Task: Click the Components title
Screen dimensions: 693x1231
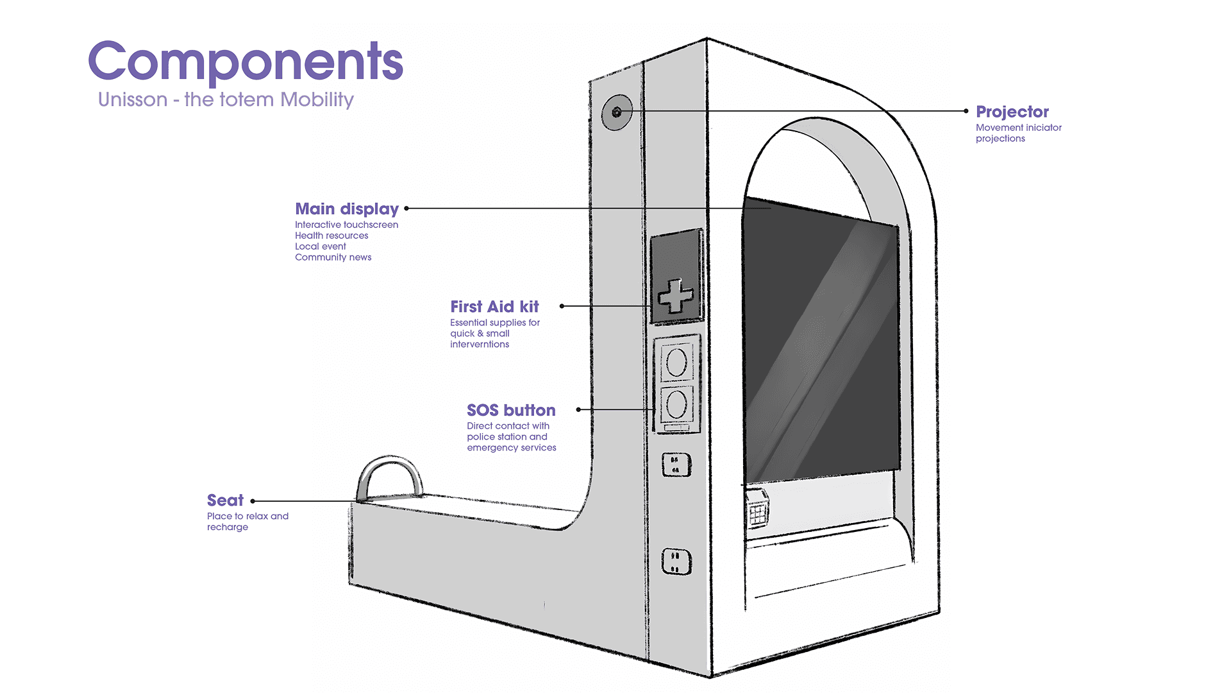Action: tap(246, 62)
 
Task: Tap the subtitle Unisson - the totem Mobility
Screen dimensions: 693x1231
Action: tap(226, 100)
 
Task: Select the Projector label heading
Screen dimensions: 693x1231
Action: tap(1012, 112)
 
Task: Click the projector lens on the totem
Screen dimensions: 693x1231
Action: tap(617, 112)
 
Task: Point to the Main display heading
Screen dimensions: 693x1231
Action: tap(346, 209)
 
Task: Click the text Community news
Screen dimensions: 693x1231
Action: tap(333, 257)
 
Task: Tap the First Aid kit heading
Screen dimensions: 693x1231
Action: tap(494, 307)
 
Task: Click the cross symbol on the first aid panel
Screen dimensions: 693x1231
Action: tap(676, 296)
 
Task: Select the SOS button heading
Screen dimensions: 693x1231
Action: tap(511, 411)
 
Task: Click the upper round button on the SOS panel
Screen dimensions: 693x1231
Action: tap(676, 363)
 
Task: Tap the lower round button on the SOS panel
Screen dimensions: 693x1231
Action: tap(676, 404)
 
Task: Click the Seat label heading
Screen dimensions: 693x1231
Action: tap(225, 501)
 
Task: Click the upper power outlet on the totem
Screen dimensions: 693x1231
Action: tap(676, 465)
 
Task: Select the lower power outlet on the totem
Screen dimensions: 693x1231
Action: tap(676, 561)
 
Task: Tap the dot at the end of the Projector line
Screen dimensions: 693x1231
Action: tap(966, 111)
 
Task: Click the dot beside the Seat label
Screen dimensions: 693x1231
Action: tap(253, 501)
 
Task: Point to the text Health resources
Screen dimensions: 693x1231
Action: tap(331, 235)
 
